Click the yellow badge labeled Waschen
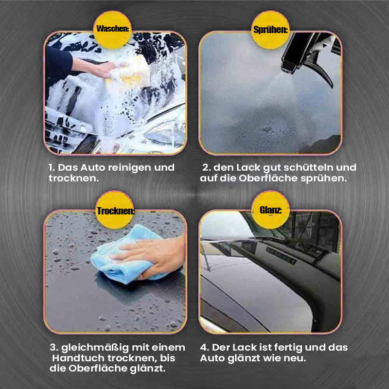coord(112,30)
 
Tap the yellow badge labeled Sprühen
coord(270,30)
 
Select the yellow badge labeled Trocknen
coord(115,210)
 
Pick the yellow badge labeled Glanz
coord(270,210)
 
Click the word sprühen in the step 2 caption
coord(323,178)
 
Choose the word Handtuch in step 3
coord(78,358)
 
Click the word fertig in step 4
coord(287,348)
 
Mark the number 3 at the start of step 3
coord(54,348)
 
